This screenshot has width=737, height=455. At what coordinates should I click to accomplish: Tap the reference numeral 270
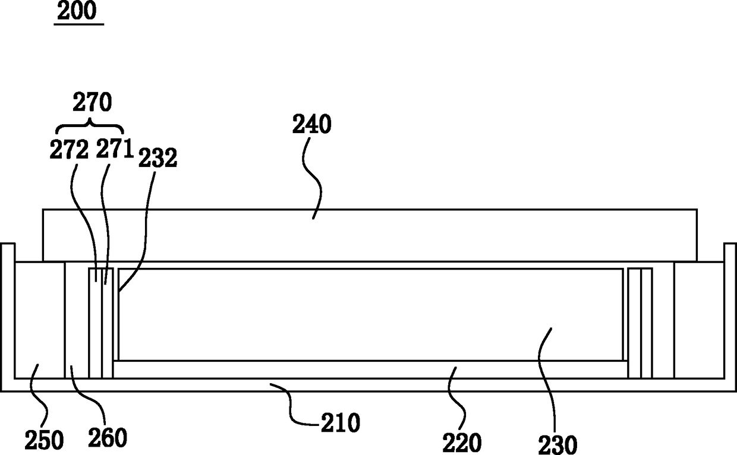pyautogui.click(x=92, y=103)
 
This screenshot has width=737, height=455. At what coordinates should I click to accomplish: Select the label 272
pyautogui.click(x=69, y=150)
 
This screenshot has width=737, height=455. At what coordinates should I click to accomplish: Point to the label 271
pyautogui.click(x=115, y=148)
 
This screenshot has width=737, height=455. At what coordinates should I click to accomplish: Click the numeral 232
pyautogui.click(x=158, y=158)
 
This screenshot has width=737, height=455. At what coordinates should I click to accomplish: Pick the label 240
pyautogui.click(x=311, y=124)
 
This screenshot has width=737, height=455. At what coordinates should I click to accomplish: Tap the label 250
pyautogui.click(x=44, y=441)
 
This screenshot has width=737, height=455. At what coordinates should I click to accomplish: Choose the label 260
pyautogui.click(x=108, y=438)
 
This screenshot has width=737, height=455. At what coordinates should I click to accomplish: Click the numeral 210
pyautogui.click(x=341, y=423)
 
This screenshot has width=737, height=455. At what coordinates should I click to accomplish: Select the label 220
pyautogui.click(x=462, y=443)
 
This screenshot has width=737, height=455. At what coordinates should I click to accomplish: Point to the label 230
pyautogui.click(x=558, y=445)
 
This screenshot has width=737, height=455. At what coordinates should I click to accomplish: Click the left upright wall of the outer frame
pyautogui.click(x=8, y=317)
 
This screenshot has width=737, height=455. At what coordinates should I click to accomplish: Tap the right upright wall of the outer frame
pyautogui.click(x=730, y=317)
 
